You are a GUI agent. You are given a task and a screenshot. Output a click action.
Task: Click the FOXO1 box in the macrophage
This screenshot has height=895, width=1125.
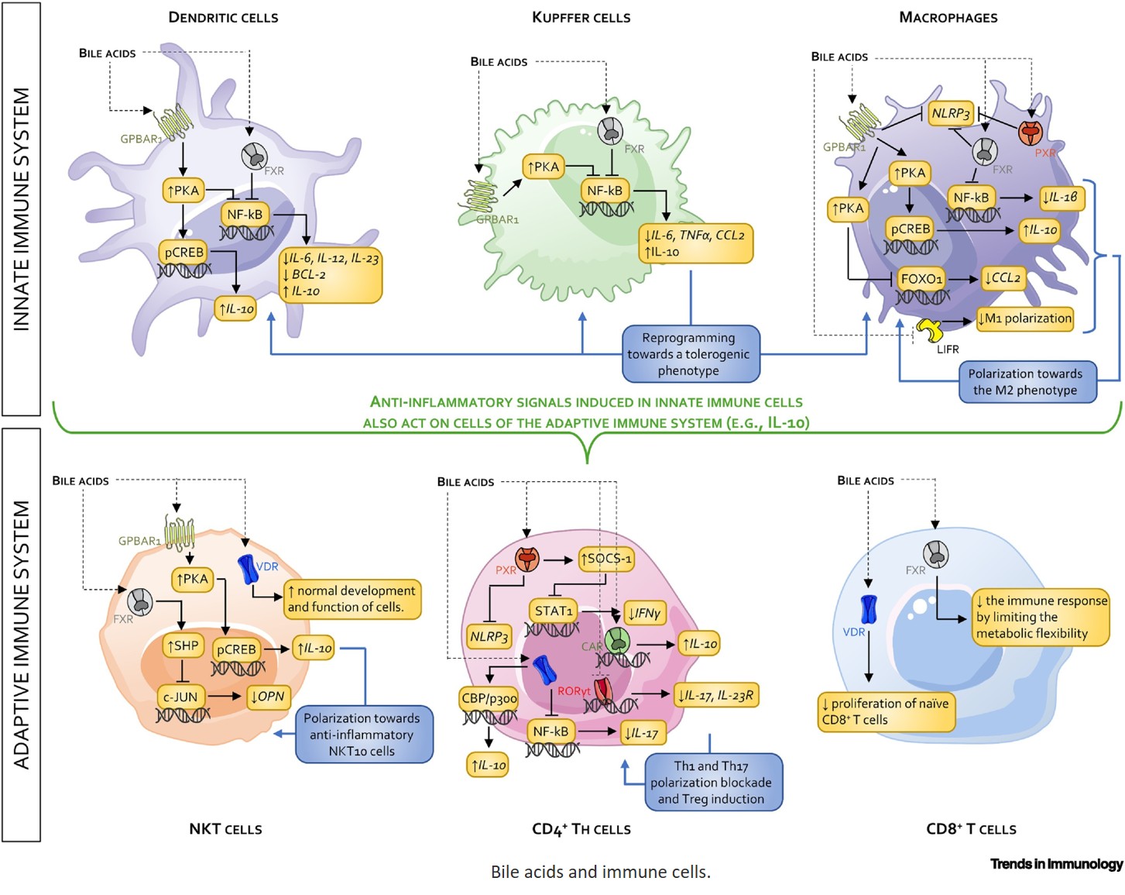921,279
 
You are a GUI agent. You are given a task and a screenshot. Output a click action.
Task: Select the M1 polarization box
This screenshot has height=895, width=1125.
1024,318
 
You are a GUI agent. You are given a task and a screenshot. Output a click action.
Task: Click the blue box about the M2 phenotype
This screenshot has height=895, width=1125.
1024,382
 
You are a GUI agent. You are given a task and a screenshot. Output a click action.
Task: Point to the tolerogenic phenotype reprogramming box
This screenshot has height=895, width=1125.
688,354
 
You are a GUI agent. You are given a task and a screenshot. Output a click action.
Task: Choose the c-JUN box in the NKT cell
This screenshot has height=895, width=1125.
180,697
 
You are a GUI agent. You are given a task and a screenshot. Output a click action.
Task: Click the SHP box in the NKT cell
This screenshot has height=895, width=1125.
183,645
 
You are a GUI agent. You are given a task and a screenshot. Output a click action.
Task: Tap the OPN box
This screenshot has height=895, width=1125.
268,697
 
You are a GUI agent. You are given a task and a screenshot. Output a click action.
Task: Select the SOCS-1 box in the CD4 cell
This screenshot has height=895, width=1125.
606,559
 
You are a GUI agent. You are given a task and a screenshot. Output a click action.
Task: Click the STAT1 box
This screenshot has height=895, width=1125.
554,611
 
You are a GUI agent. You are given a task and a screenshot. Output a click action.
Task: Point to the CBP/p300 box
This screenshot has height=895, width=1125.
489,698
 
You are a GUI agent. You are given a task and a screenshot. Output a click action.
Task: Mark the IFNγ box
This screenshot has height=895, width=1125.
644,614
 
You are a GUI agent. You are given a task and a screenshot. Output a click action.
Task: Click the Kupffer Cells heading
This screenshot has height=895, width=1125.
581,17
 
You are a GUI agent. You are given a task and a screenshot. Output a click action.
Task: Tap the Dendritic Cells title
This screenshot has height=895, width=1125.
223,17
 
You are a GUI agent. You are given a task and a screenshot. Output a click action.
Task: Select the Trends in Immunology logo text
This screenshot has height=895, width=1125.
1056,864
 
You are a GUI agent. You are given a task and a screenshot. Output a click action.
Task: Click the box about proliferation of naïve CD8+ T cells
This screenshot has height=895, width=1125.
886,711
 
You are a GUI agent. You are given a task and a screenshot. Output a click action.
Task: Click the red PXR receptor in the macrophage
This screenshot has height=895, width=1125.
1030,133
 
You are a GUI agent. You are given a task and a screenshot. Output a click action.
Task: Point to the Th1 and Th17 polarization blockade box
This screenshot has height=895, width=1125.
711,783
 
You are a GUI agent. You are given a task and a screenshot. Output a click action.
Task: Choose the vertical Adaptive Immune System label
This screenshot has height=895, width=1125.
22,634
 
